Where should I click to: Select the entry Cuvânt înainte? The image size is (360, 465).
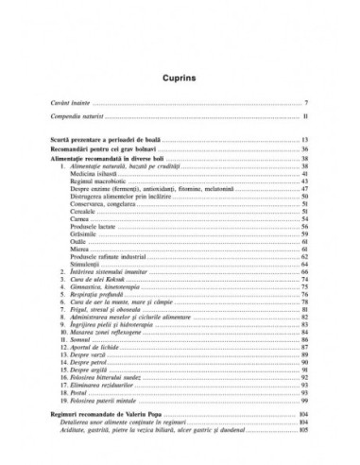pos(75,101)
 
